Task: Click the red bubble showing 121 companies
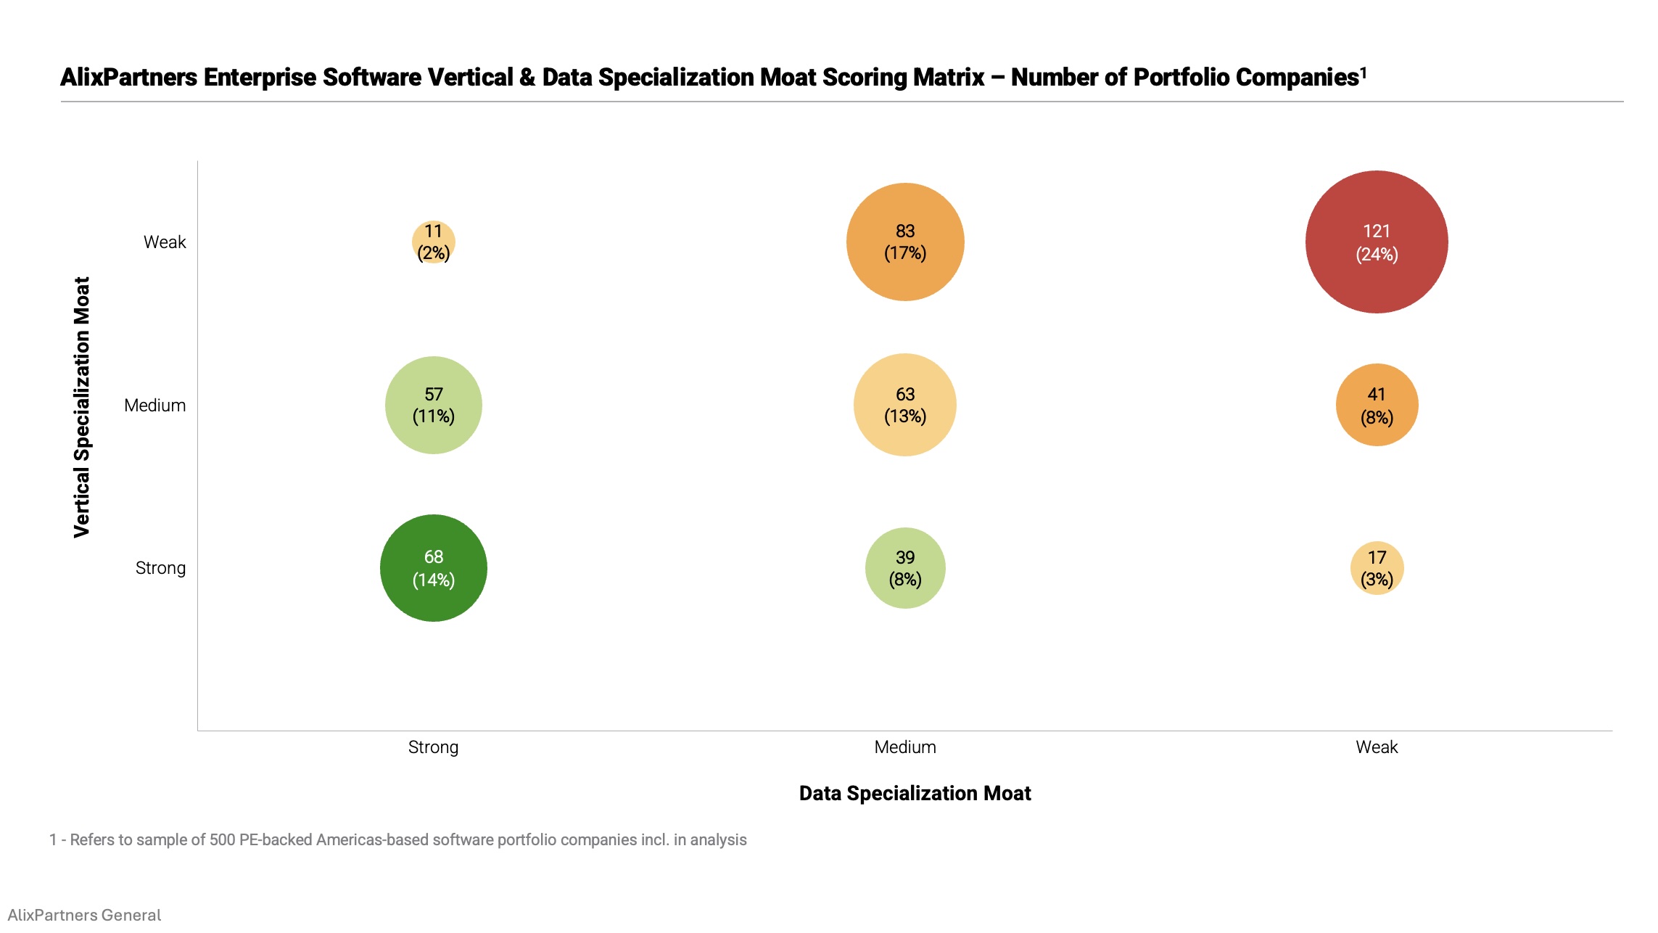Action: (1376, 242)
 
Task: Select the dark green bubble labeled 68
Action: (433, 567)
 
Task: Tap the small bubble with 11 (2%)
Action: (433, 242)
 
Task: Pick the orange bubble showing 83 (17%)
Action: (904, 242)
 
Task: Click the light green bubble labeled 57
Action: (433, 405)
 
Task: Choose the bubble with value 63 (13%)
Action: (904, 405)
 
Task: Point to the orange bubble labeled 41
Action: (1376, 405)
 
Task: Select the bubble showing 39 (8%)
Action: (904, 567)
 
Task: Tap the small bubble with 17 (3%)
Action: (1376, 567)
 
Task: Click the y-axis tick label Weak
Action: (165, 242)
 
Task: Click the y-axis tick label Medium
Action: (154, 406)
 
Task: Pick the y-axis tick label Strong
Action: (160, 568)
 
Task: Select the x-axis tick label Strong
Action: (433, 747)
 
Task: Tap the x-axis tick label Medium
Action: (904, 747)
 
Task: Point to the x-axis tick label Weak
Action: (1376, 747)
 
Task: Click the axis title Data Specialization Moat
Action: (915, 793)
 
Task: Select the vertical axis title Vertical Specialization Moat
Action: (82, 406)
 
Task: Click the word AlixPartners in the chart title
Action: (128, 78)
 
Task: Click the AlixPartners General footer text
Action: (84, 915)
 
